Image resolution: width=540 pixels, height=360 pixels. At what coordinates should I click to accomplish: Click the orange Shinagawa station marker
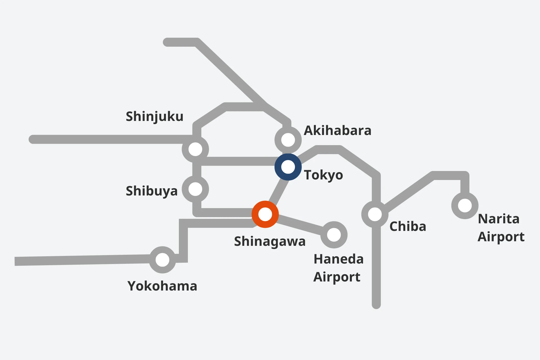point(265,214)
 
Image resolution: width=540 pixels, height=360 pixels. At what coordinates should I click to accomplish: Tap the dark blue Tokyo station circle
point(288,167)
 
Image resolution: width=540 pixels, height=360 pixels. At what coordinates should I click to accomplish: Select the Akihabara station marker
point(288,140)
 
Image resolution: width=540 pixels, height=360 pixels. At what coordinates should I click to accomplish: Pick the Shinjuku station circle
point(195,149)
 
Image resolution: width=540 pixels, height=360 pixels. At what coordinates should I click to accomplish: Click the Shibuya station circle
point(195,189)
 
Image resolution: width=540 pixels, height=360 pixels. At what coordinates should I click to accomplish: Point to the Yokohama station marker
point(162,260)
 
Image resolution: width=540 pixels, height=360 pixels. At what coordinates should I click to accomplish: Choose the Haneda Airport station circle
point(334,235)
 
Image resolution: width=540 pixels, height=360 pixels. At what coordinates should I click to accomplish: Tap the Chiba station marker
point(375,214)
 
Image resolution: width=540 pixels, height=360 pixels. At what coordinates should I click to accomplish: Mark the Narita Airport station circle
point(465,206)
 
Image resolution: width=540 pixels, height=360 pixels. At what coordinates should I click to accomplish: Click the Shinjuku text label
point(154,116)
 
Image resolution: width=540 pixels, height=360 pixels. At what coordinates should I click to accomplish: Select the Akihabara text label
point(337,130)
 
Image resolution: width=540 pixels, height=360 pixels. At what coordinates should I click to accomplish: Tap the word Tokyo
point(323,175)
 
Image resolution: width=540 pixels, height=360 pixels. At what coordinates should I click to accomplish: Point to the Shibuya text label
point(152,191)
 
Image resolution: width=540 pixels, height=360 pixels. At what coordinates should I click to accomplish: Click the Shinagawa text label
point(270,241)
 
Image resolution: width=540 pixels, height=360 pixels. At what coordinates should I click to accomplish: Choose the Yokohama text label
point(162,286)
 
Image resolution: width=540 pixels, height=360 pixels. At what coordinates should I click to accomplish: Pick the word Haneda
point(339,259)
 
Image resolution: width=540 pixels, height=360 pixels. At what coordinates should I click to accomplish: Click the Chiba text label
point(408,226)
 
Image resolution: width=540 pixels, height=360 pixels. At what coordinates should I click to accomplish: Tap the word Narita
point(499,219)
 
